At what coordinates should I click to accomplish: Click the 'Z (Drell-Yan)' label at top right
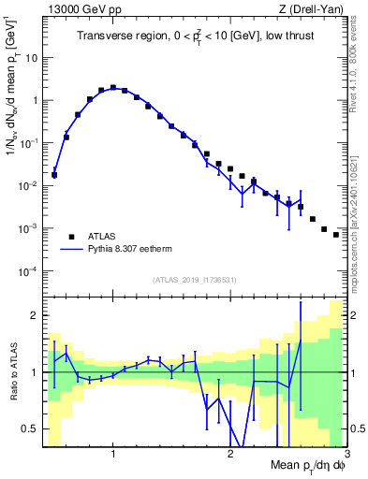[314, 9]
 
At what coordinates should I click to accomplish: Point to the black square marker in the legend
[71, 236]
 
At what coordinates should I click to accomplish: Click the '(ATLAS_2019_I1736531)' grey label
[194, 280]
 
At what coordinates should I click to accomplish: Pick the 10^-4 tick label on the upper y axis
[27, 271]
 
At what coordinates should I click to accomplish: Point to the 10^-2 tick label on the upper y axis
[27, 185]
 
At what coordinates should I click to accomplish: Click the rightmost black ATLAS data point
[335, 235]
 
